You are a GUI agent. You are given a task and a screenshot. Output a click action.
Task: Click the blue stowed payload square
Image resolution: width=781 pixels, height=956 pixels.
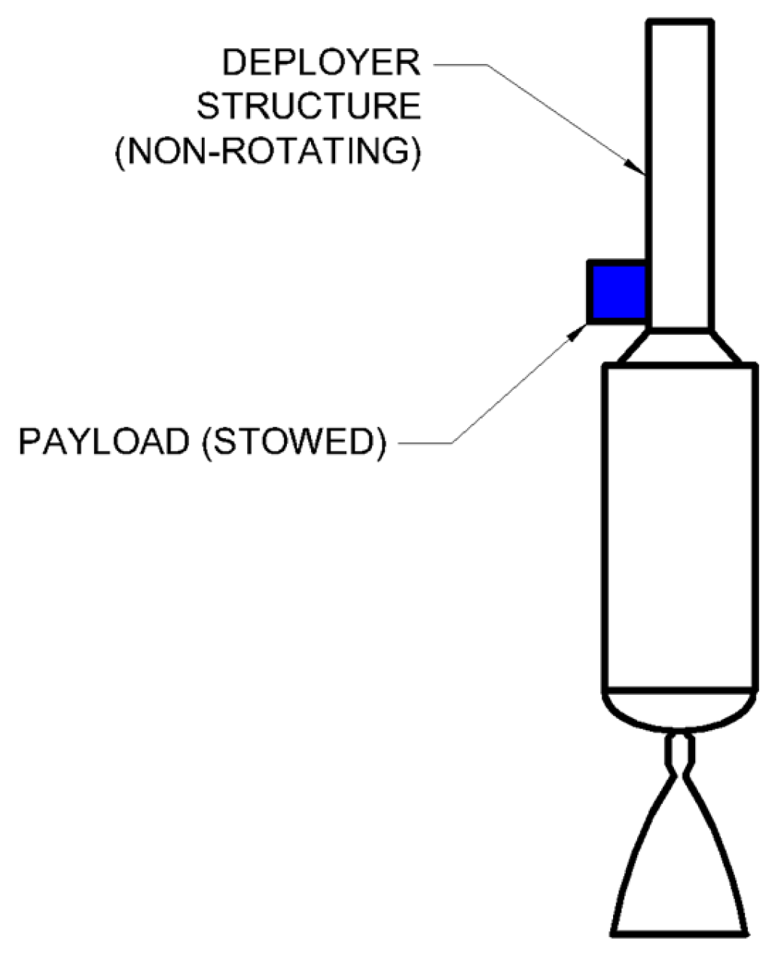tap(618, 292)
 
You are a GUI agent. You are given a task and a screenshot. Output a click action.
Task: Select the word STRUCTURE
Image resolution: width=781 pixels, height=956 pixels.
tap(309, 107)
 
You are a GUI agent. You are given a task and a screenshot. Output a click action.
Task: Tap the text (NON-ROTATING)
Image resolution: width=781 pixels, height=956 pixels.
tap(267, 151)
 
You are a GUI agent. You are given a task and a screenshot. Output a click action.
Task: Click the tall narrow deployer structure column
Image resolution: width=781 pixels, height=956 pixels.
tap(680, 173)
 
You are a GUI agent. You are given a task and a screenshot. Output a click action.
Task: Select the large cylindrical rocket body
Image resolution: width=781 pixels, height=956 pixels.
tap(680, 527)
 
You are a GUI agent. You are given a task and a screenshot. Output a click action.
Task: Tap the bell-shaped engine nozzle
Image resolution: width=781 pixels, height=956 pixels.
tap(680, 866)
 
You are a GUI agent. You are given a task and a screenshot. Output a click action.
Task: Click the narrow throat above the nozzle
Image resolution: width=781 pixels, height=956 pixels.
tap(680, 753)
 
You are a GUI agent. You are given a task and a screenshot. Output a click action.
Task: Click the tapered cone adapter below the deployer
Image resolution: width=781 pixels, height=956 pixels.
tap(680, 346)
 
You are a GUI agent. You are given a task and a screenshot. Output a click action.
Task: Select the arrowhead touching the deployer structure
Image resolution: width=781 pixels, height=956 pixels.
tap(639, 167)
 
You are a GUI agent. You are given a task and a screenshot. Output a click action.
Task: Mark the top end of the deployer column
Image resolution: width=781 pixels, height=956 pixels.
tap(680, 23)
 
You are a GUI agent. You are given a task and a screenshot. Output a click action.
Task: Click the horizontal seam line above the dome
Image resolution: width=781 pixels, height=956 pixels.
tap(680, 690)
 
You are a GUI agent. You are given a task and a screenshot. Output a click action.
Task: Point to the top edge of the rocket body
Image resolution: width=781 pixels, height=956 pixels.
tap(680, 365)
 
